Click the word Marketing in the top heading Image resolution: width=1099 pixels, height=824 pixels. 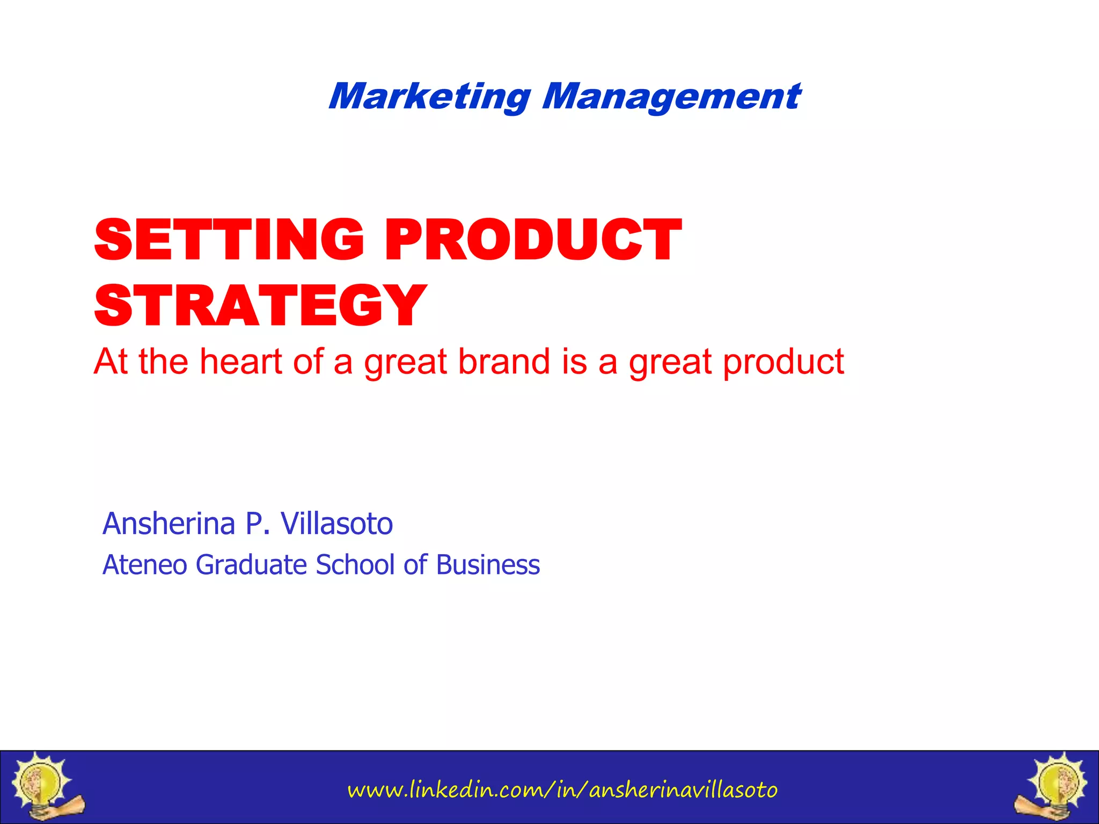point(430,97)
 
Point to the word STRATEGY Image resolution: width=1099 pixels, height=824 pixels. point(260,306)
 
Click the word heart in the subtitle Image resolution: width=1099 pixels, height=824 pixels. point(241,362)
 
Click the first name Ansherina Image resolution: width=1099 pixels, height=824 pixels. point(169,524)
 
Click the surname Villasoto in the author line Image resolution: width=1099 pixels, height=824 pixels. point(337,524)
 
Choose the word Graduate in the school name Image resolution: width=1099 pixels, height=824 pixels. point(251,565)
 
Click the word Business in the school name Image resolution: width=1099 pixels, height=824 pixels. point(488,565)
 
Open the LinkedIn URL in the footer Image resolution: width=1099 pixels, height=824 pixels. point(562,790)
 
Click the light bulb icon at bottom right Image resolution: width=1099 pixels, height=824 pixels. point(1054,786)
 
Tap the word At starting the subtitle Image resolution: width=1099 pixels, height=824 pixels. point(111,362)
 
